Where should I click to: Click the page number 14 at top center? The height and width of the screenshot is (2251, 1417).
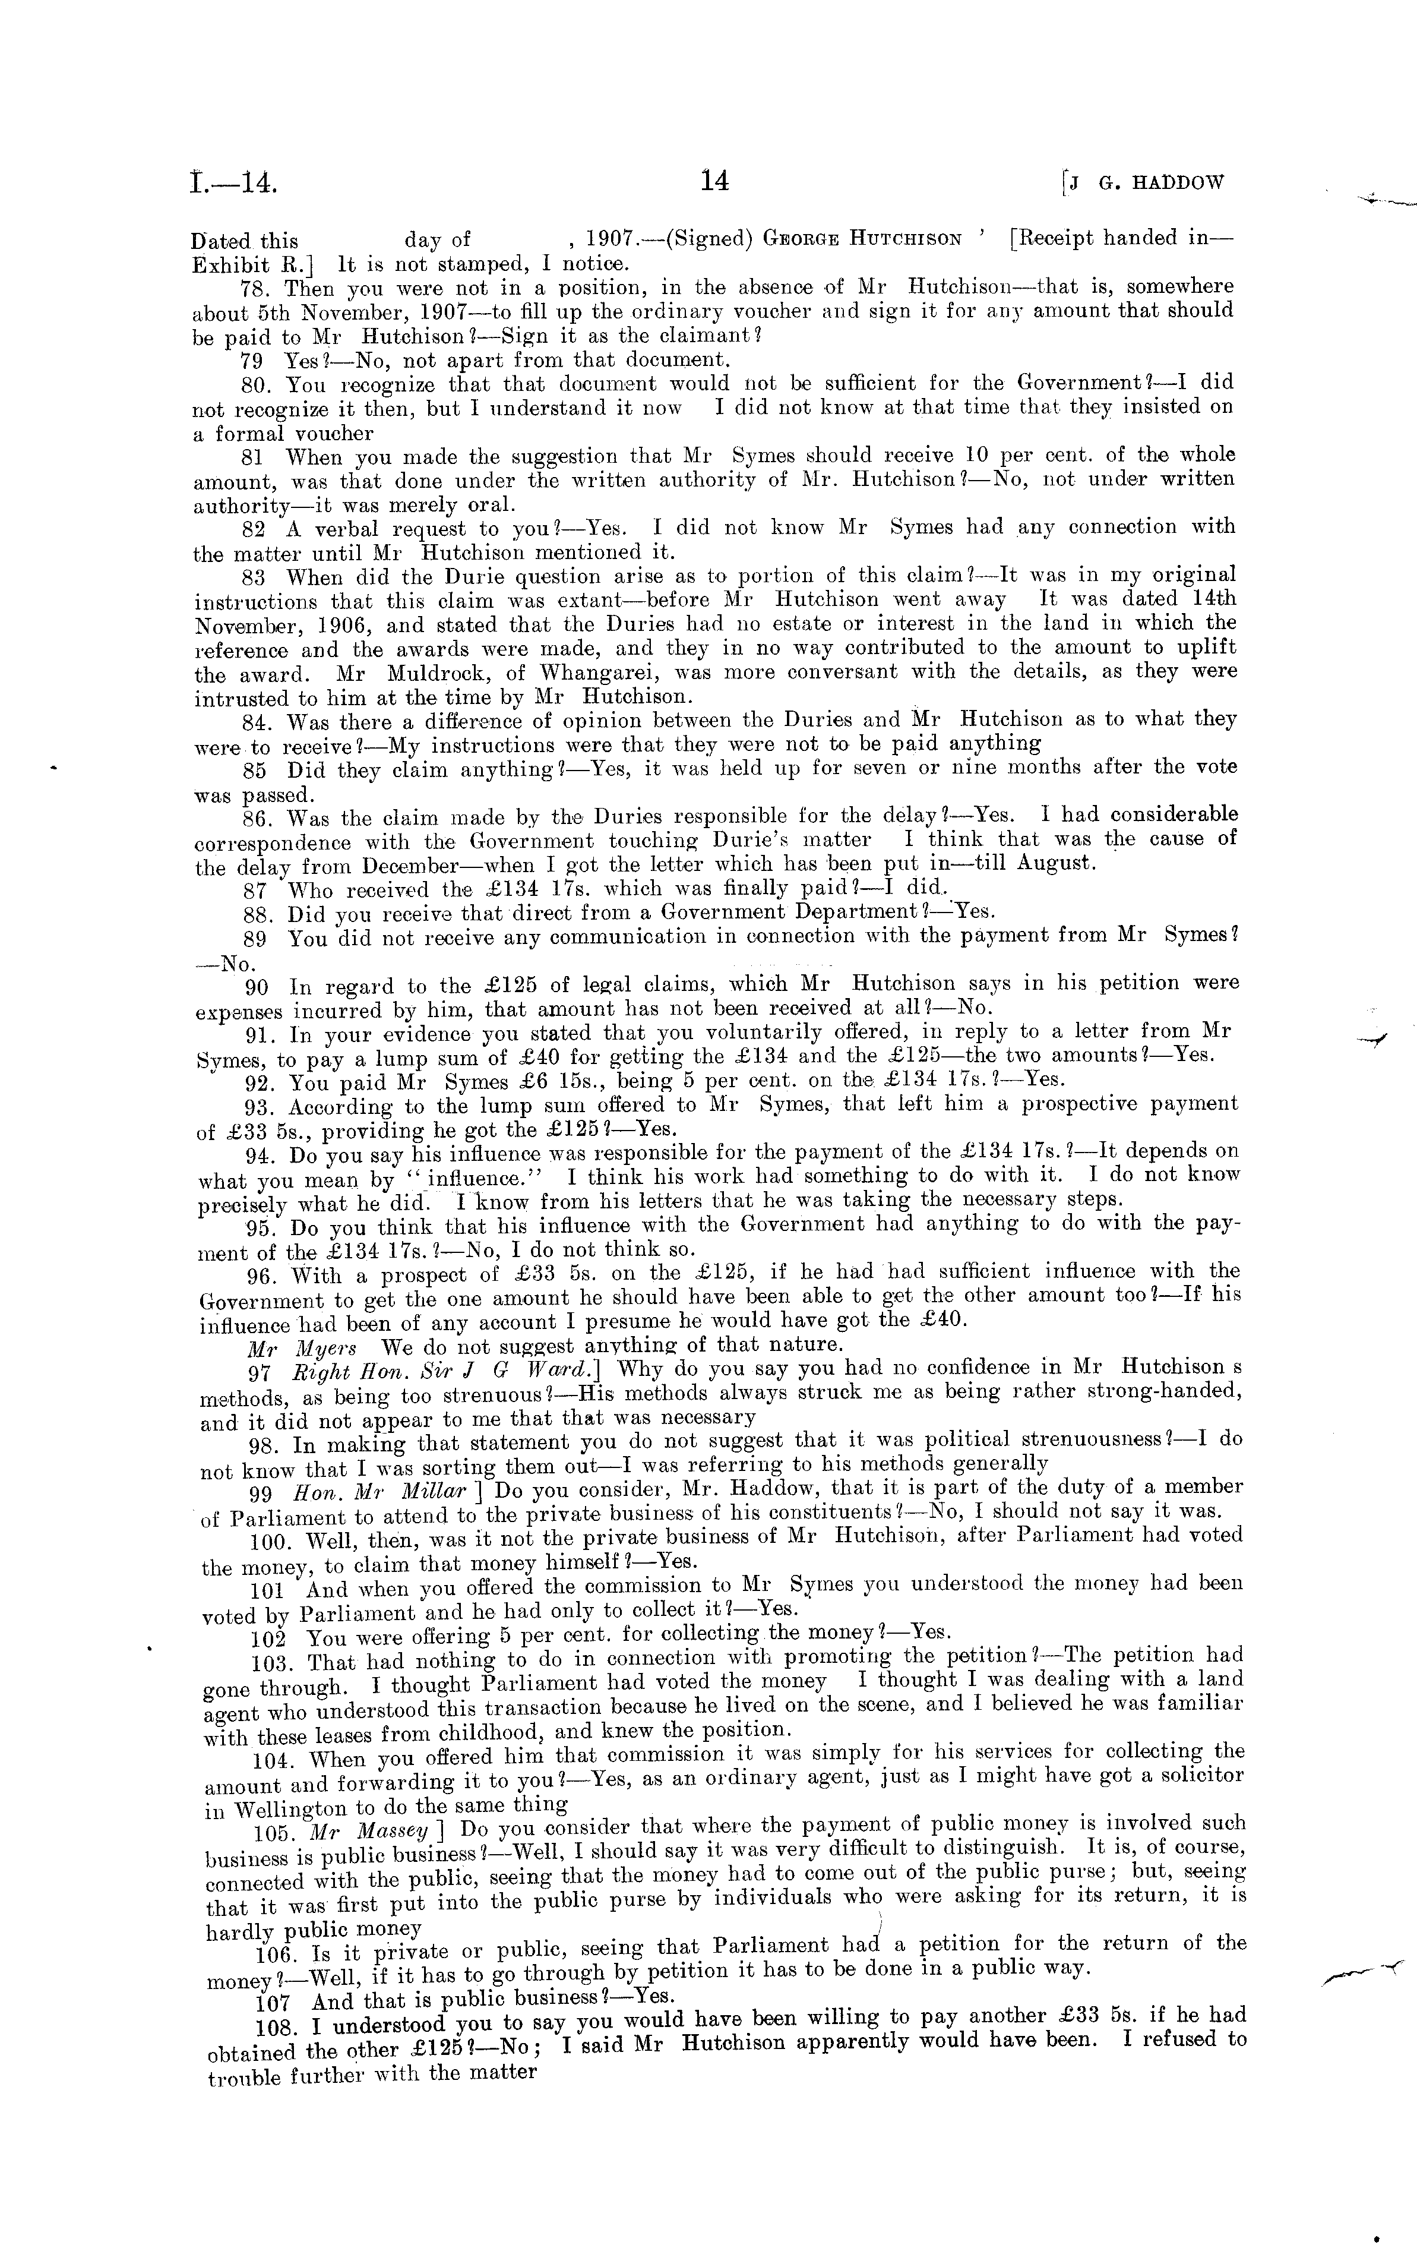[x=713, y=181]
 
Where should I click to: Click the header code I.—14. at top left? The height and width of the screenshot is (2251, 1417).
[x=233, y=182]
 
